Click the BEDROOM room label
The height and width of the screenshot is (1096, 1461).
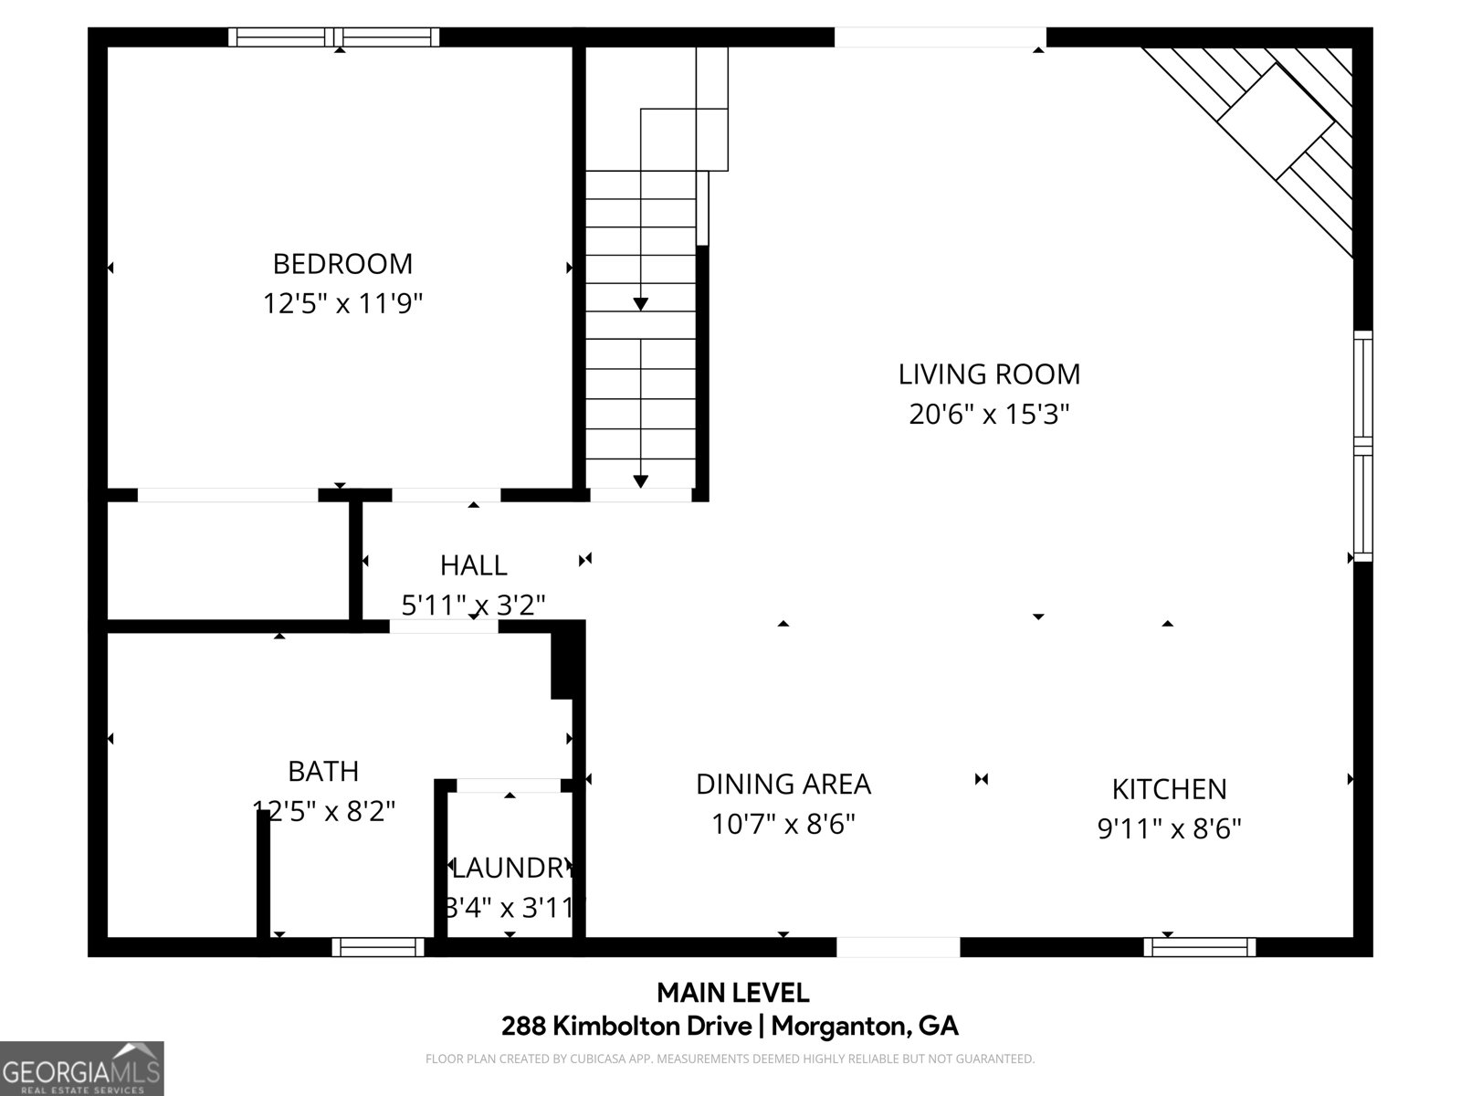click(x=342, y=264)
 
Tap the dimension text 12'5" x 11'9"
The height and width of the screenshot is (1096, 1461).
click(x=342, y=303)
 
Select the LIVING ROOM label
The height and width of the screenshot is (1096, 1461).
click(x=989, y=374)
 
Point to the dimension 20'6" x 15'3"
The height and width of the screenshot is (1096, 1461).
click(x=989, y=415)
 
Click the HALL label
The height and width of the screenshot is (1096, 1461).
click(x=473, y=565)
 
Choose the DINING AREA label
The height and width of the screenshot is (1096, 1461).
click(x=783, y=785)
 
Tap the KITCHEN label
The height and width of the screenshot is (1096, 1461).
click(x=1169, y=789)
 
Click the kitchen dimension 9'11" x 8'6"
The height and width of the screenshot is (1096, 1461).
click(x=1169, y=829)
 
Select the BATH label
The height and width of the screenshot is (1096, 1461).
click(x=323, y=772)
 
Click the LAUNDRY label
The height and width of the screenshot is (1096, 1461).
click(x=510, y=867)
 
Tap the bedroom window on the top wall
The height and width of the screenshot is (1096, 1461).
click(x=333, y=37)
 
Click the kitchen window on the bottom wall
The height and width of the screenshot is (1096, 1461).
click(x=1199, y=947)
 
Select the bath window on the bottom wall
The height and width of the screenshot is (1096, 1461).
click(x=377, y=947)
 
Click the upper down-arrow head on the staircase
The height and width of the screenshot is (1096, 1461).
click(x=641, y=304)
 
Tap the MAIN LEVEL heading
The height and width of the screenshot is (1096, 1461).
click(x=732, y=992)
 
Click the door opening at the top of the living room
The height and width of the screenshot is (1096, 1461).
click(x=940, y=37)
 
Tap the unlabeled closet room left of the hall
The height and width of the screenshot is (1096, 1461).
click(x=228, y=562)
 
